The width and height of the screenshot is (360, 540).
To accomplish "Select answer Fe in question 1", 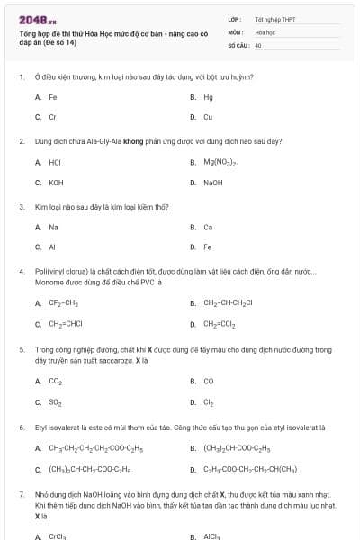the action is [53, 97].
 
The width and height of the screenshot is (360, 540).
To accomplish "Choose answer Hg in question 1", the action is [208, 97].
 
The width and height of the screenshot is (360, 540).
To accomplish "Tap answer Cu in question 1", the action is [208, 118].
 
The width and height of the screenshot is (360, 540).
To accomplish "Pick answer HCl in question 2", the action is [54, 163].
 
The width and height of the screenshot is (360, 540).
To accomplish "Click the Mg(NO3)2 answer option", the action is [220, 163].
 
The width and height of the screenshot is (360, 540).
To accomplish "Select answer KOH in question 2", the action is [55, 183].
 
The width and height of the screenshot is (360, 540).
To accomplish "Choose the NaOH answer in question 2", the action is [212, 183].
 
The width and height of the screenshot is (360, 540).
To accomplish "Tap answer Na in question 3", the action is [53, 227].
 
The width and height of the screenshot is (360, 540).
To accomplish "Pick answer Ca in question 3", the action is [208, 227].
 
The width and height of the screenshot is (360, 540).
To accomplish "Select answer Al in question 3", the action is [52, 247].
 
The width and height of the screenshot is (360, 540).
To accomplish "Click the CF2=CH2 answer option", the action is [64, 303].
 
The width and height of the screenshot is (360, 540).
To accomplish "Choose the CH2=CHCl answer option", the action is [66, 324].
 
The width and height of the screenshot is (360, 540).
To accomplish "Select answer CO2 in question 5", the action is [55, 382].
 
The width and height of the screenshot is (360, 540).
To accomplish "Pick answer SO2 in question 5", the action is [55, 402].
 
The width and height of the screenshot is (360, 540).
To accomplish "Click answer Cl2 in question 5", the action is [208, 402].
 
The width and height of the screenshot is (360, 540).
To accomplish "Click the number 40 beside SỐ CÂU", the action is [258, 44].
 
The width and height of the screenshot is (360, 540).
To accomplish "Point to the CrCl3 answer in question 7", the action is [57, 535].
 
